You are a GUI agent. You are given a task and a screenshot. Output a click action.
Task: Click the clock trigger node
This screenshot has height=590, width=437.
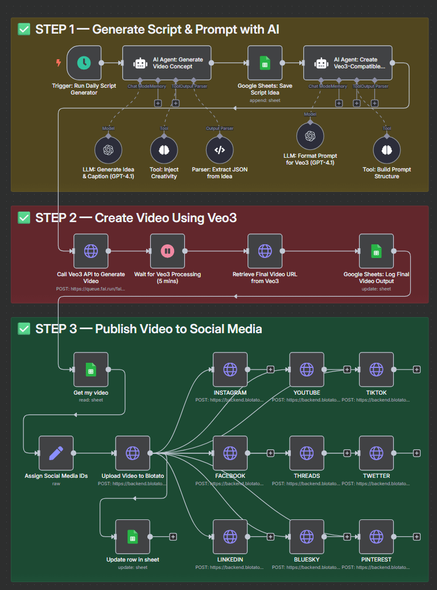click(84, 63)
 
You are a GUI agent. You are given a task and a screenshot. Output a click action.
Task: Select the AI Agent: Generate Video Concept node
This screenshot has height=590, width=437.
click(167, 63)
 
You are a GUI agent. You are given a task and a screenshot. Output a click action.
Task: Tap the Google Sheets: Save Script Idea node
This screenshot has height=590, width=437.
click(265, 63)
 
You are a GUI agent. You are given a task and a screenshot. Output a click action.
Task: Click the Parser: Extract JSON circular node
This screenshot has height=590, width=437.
click(220, 150)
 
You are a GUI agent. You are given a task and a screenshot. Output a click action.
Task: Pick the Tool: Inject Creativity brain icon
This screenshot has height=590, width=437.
click(164, 150)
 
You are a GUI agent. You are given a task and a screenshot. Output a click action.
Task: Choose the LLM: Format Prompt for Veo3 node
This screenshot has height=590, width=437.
click(310, 137)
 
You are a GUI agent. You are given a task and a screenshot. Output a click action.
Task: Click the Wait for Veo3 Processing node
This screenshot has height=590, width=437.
click(167, 251)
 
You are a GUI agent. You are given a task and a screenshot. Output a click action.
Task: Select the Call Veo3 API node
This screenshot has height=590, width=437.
click(91, 251)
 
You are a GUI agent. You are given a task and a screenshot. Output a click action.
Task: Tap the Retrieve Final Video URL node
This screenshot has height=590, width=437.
click(265, 251)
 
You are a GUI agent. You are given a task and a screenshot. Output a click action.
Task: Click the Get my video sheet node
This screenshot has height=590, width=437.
click(91, 370)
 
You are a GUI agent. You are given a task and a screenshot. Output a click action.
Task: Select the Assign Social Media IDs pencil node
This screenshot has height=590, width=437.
click(56, 453)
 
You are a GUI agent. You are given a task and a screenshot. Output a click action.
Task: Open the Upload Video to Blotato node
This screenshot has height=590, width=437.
click(133, 453)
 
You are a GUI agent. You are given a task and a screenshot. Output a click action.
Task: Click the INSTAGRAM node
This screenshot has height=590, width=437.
click(230, 370)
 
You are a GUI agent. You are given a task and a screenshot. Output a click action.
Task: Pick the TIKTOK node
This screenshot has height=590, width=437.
click(376, 370)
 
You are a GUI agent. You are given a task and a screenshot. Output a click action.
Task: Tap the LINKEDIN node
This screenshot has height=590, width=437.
click(230, 536)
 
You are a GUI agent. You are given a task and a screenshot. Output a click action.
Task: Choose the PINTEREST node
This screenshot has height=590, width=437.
click(376, 536)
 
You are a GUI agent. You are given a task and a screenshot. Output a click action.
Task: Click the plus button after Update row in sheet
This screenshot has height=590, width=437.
click(173, 536)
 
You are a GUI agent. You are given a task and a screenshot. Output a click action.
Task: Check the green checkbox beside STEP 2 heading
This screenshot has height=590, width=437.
click(24, 218)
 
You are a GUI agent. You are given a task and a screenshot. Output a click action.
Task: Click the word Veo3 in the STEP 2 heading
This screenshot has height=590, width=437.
click(218, 218)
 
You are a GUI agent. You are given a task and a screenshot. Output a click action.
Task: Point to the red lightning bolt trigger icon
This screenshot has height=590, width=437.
click(58, 63)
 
